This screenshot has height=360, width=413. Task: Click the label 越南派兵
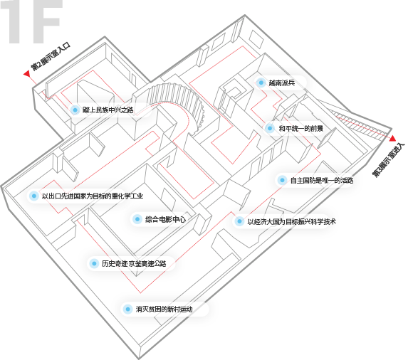coord(281,83)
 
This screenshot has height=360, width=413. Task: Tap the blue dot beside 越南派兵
coord(261,83)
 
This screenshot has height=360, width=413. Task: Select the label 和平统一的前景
coord(300,129)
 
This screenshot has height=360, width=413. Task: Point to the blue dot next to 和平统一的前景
coord(269,129)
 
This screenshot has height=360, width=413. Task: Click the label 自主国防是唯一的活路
coord(322,180)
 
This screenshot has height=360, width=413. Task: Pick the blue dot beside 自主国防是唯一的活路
coord(282,180)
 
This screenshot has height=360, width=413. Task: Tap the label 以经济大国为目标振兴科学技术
coord(291,221)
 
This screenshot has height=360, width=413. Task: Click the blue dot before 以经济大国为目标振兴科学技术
coord(239,221)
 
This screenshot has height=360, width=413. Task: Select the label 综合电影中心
coord(165,219)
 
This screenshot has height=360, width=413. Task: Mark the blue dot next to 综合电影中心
coord(137,219)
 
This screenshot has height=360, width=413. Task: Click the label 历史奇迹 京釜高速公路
coord(134,263)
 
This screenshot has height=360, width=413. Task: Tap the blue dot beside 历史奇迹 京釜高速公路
coord(94,263)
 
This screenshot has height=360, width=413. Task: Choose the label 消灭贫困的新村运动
coord(164,309)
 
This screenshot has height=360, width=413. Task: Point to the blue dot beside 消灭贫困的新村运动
coord(127,309)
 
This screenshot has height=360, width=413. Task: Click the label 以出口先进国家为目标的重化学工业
coord(93,196)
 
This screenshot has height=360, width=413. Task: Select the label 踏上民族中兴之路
coord(108,110)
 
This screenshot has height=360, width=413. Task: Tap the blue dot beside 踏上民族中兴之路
coord(75,110)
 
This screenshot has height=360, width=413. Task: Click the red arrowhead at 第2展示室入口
coord(26,74)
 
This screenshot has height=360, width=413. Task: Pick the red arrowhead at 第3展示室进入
coord(393,138)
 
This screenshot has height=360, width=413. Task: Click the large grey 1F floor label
coord(32,21)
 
